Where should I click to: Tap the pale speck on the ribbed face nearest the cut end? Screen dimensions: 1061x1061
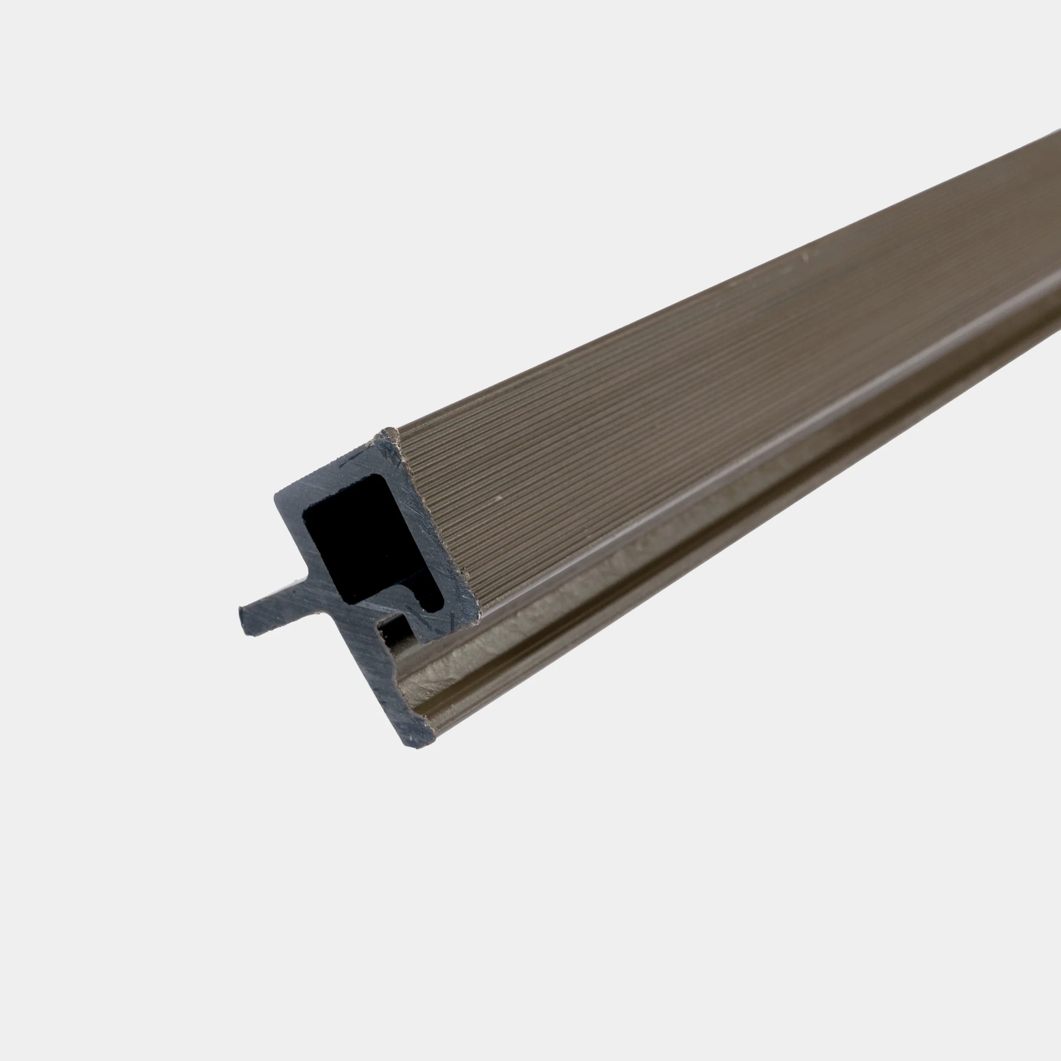[499, 498]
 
